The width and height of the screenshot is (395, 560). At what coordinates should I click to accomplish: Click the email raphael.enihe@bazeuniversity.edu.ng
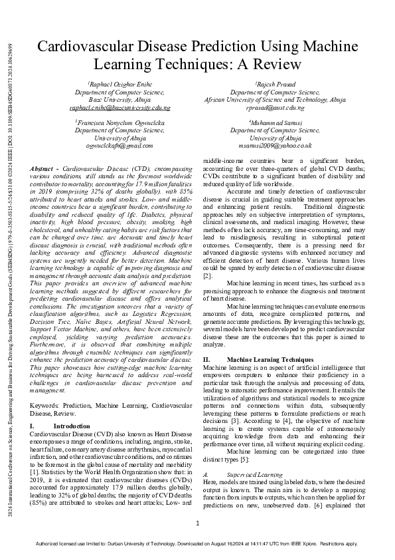point(119,107)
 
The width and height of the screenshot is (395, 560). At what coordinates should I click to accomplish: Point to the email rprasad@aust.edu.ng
point(275,107)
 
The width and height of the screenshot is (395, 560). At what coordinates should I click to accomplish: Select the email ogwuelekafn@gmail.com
point(119,145)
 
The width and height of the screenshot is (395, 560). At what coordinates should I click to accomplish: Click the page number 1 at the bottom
point(198,524)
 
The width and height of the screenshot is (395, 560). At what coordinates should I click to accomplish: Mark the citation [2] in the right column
point(207,293)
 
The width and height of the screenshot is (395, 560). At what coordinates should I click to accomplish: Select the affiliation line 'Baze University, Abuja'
point(119,100)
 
